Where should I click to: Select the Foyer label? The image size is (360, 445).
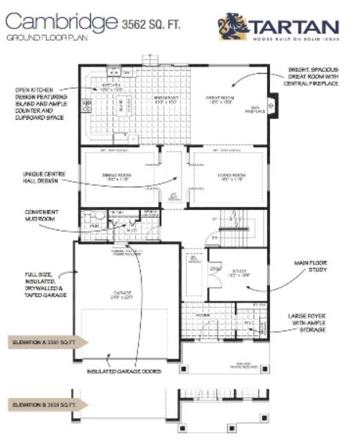(x=203, y=317)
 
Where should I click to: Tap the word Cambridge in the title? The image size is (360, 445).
(x=57, y=23)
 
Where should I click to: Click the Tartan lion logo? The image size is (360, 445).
(x=232, y=27)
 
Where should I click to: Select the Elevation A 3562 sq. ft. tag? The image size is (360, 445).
(x=48, y=342)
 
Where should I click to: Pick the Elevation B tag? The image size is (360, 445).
(x=48, y=404)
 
